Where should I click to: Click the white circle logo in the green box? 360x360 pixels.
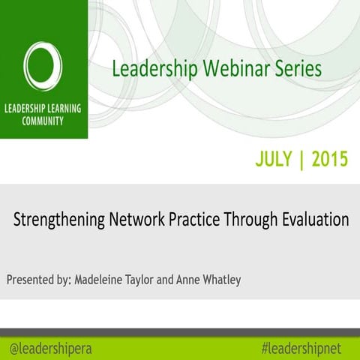tap(43, 64)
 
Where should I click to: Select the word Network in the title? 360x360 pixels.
tap(134, 220)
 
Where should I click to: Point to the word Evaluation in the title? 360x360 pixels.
tap(313, 220)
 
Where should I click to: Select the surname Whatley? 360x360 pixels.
tap(241, 280)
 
